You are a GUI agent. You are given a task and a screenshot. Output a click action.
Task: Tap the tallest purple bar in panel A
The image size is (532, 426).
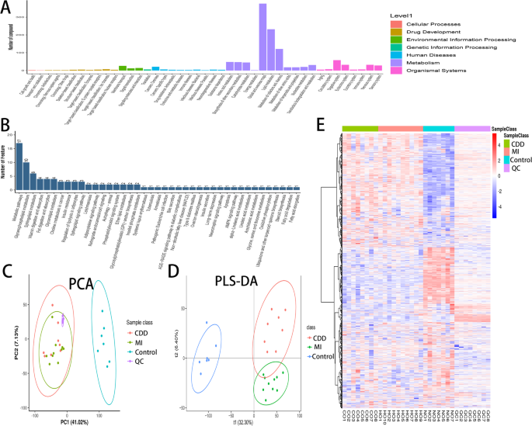coord(263,37)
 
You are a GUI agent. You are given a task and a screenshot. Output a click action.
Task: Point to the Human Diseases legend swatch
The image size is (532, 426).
coord(398,55)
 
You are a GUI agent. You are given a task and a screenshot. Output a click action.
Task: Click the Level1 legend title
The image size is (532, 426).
coord(403,15)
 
